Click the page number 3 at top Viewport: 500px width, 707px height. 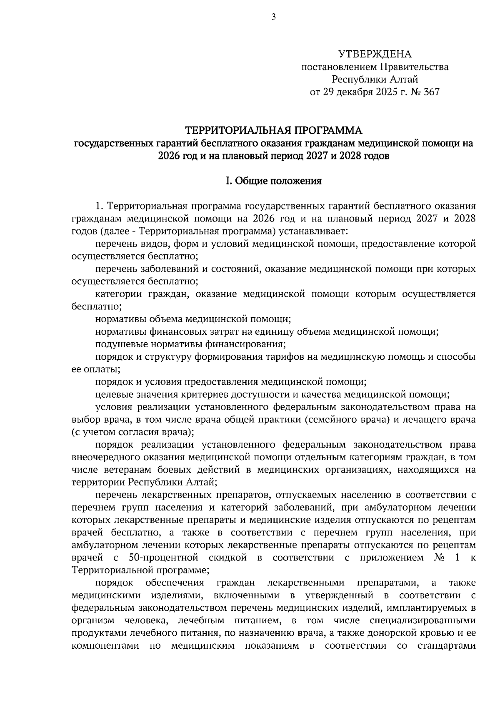pyautogui.click(x=273, y=17)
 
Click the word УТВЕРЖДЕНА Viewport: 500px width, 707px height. pyautogui.click(x=375, y=54)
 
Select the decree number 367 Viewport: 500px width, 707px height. pyautogui.click(x=431, y=92)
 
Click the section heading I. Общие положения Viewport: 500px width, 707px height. pyautogui.click(x=273, y=181)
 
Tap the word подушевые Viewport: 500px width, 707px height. pyautogui.click(x=117, y=344)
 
